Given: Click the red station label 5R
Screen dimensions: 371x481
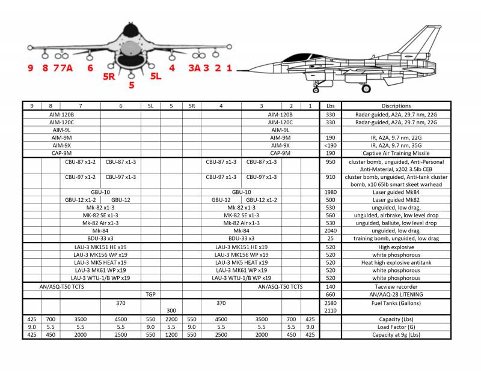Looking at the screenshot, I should pos(109,76).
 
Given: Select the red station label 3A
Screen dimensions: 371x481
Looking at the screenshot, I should pos(194,68).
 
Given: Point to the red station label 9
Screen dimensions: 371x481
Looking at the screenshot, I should pos(30,68).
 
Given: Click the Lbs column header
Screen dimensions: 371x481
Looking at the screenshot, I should pos(330,106).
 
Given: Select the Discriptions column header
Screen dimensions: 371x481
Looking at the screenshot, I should pos(396,106).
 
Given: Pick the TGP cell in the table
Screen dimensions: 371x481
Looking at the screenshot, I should pos(151,294).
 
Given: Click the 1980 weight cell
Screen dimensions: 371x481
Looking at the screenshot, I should pos(330,192).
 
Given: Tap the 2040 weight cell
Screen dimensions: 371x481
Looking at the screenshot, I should pos(330,231).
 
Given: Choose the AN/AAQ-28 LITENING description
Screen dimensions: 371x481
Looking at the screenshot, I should pos(396,294).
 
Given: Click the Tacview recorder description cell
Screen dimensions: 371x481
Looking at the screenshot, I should pos(396,286).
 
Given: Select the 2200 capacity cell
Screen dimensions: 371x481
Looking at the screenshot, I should pos(171,319).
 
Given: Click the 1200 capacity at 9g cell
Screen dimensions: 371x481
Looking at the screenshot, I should pos(171,335).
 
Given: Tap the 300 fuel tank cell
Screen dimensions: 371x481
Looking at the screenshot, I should pos(171,310).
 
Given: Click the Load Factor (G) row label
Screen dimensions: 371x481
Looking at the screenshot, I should pos(396,327).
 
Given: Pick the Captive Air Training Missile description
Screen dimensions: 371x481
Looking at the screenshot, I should pos(396,152).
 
